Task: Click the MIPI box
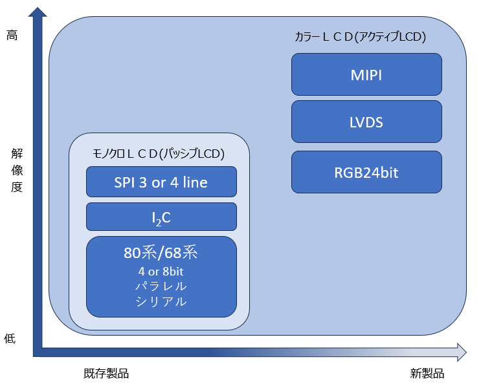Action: pyautogui.click(x=366, y=74)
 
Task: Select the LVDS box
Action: pyautogui.click(x=366, y=121)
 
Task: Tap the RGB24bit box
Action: pyautogui.click(x=366, y=172)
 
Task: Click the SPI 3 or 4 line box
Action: pyautogui.click(x=161, y=182)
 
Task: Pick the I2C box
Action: pyautogui.click(x=161, y=217)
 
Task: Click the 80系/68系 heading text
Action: pyautogui.click(x=161, y=252)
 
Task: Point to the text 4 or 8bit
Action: pyautogui.click(x=161, y=272)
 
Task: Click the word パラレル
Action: pyautogui.click(x=161, y=286)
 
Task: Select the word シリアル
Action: pyautogui.click(x=161, y=301)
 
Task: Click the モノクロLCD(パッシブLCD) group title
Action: pyautogui.click(x=159, y=154)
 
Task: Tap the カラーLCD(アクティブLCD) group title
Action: pyautogui.click(x=360, y=38)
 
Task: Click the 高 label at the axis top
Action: pyautogui.click(x=12, y=36)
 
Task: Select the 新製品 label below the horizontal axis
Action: pyautogui.click(x=427, y=374)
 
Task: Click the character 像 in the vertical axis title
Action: pyautogui.click(x=17, y=170)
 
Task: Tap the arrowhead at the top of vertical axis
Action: pyautogui.click(x=38, y=13)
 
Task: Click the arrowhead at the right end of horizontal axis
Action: pyautogui.click(x=460, y=352)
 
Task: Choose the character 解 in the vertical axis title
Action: pyautogui.click(x=17, y=153)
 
